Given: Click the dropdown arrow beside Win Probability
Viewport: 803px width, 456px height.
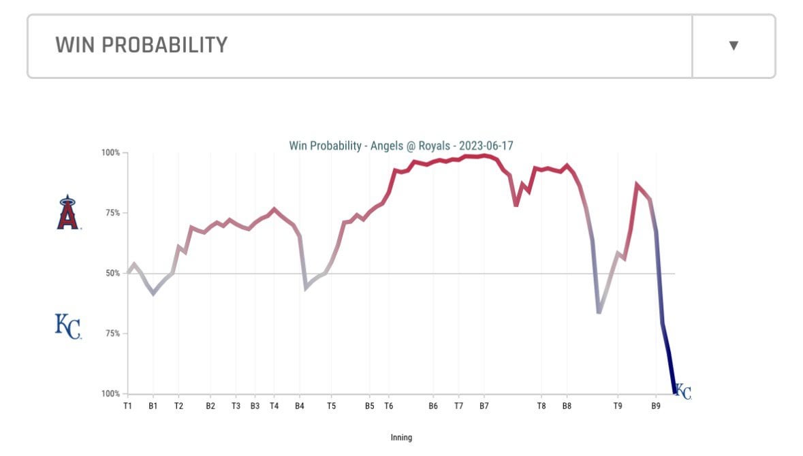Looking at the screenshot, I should (734, 46).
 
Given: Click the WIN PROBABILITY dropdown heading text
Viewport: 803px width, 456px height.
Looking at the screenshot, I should (141, 45).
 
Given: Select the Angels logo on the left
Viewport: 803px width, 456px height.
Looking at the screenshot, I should (67, 212).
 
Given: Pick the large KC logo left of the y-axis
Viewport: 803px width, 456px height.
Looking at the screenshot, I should (67, 326).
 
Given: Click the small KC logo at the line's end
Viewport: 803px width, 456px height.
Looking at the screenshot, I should (683, 392).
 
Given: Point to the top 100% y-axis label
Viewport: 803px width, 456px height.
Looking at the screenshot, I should (110, 153).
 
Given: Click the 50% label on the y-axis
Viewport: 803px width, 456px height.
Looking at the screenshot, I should (112, 274).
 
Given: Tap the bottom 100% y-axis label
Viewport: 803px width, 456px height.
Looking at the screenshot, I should (110, 394).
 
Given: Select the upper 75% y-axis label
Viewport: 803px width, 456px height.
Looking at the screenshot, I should (112, 213).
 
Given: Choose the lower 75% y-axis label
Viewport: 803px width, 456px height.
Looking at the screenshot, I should (112, 333).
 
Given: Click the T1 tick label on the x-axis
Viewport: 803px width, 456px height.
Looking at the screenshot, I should (127, 406).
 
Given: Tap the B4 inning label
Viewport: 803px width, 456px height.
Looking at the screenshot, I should (300, 406).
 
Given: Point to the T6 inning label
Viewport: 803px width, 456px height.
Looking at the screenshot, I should (389, 406).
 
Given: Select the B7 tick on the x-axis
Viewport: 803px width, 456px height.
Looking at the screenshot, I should (484, 406).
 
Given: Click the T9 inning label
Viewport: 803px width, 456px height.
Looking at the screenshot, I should (618, 406).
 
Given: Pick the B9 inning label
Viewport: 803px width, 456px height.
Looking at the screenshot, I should (656, 406).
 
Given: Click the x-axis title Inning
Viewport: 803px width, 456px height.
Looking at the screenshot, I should (401, 438).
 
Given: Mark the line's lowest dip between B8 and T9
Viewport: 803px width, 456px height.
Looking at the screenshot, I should (599, 312).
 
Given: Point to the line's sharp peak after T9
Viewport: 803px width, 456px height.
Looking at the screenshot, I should (637, 184).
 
